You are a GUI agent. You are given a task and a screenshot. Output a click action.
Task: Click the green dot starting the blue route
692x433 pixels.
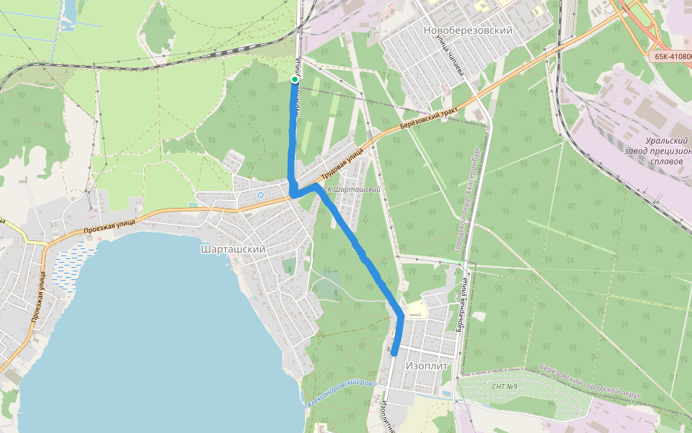click(294, 79)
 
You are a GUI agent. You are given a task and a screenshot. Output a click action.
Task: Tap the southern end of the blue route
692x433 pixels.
click(394, 354)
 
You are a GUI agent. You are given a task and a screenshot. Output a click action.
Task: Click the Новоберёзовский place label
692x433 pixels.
click(468, 31)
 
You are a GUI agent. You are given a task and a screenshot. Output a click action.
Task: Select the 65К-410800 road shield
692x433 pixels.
click(671, 56)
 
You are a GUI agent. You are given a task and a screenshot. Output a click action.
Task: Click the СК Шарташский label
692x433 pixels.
click(351, 189)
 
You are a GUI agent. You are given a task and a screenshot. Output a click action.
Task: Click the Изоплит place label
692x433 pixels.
click(427, 366)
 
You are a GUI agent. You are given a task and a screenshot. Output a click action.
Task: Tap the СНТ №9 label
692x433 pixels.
click(505, 387)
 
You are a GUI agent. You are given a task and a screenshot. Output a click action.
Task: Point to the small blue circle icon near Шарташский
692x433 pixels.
click(260, 195)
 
